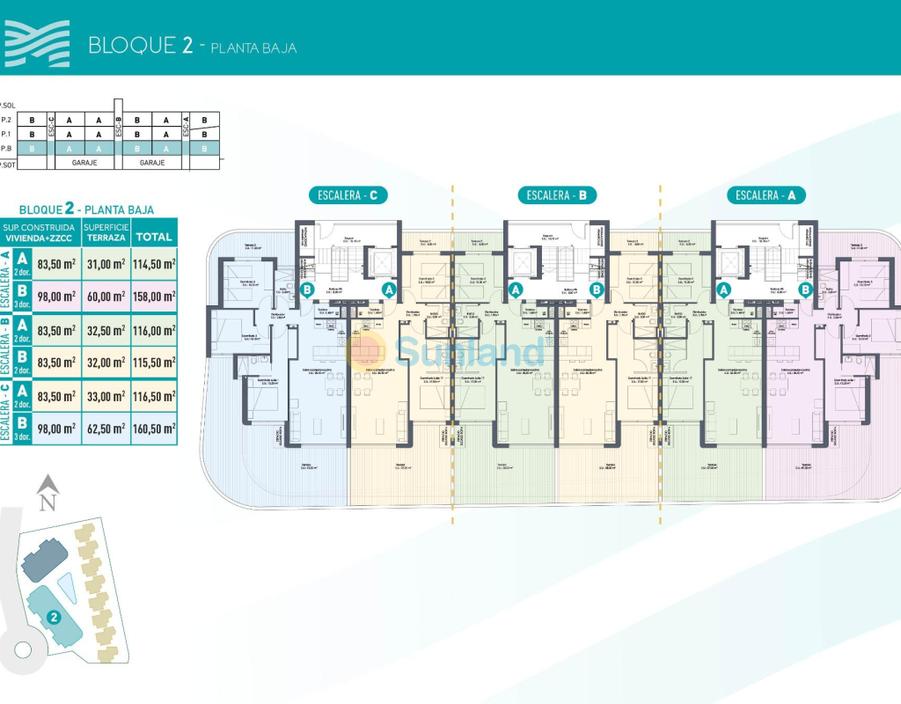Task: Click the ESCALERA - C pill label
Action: tap(348, 195)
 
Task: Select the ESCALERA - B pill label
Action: tap(557, 195)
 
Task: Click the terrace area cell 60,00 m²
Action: tap(106, 297)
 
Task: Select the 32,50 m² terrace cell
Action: tap(106, 330)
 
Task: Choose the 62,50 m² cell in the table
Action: tap(106, 429)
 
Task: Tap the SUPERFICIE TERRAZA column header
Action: tap(106, 232)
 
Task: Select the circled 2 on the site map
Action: tap(55, 617)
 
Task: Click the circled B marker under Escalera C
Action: tap(308, 289)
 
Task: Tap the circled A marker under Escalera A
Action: tap(724, 289)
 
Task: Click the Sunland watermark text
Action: tap(471, 351)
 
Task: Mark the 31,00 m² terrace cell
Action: tap(106, 263)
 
